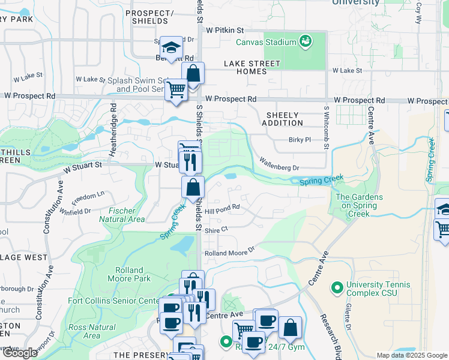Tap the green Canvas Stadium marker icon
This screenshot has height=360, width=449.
coord(306,41)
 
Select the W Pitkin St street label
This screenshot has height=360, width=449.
coord(225,29)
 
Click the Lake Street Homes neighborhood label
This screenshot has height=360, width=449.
coord(253,67)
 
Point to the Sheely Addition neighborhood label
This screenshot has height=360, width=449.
coord(282,119)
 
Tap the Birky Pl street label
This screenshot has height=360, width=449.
coord(299,140)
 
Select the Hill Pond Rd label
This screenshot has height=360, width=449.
coord(222,208)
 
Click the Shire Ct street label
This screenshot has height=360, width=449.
coord(216,229)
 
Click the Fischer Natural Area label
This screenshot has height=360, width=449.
coord(126,215)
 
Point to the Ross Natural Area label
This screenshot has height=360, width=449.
coord(92,331)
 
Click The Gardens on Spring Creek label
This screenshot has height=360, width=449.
coord(356,206)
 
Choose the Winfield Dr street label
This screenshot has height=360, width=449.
coord(75,211)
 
